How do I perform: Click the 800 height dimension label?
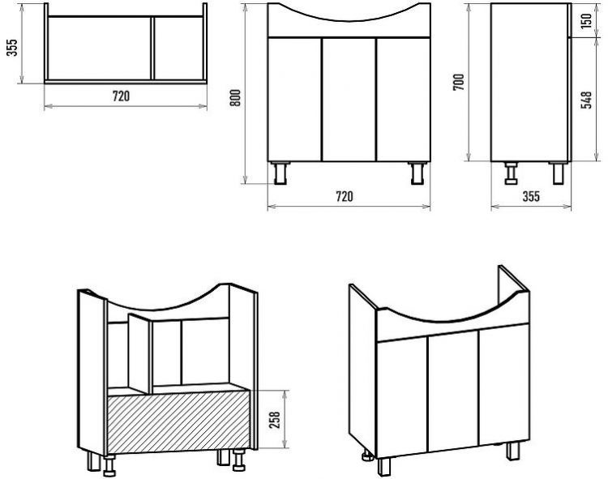point(236,97)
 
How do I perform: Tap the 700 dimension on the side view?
point(458,82)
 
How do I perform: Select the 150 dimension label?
point(587,20)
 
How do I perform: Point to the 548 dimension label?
point(587,100)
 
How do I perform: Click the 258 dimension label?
point(274,419)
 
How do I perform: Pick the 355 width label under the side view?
point(531,196)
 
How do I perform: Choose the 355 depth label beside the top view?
point(12,47)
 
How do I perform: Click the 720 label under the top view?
point(121,96)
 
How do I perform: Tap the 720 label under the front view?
point(345,196)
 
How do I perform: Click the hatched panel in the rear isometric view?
point(179,422)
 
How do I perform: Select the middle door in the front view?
point(349,99)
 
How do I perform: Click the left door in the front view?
point(295,99)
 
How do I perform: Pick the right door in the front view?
point(403,99)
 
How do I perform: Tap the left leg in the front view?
point(280,173)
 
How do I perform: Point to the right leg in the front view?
point(418,173)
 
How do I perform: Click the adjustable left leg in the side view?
point(512,173)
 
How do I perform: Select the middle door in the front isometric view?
point(453,391)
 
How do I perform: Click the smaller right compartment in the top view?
point(178,49)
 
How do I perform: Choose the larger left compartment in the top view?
point(99,49)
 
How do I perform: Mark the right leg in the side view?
point(558,173)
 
